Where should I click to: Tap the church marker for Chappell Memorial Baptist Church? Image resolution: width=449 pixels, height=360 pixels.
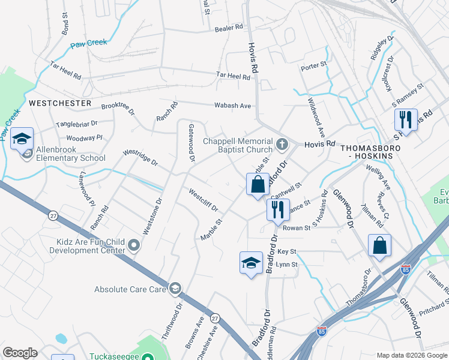coord(283,144)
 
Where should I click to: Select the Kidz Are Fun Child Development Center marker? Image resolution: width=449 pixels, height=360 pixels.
coord(134,245)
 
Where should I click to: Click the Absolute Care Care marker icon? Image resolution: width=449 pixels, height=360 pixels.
coord(175,289)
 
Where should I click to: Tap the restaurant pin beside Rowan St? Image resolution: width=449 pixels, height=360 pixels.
coord(278,210)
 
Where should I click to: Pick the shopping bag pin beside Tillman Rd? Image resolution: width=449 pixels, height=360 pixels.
coord(379,245)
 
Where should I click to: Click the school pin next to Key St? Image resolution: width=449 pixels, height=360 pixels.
coord(252,262)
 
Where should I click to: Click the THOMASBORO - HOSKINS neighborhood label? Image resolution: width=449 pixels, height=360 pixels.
coord(366,151)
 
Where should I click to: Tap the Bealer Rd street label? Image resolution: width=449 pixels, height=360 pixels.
coord(229,27)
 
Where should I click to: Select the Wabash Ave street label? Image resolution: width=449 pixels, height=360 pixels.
coord(233,106)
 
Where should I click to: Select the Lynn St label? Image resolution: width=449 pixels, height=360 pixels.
coord(287,264)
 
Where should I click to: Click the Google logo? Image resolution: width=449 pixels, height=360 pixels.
coord(20,353)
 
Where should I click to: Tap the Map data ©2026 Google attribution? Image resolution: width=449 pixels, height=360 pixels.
coord(411,355)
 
